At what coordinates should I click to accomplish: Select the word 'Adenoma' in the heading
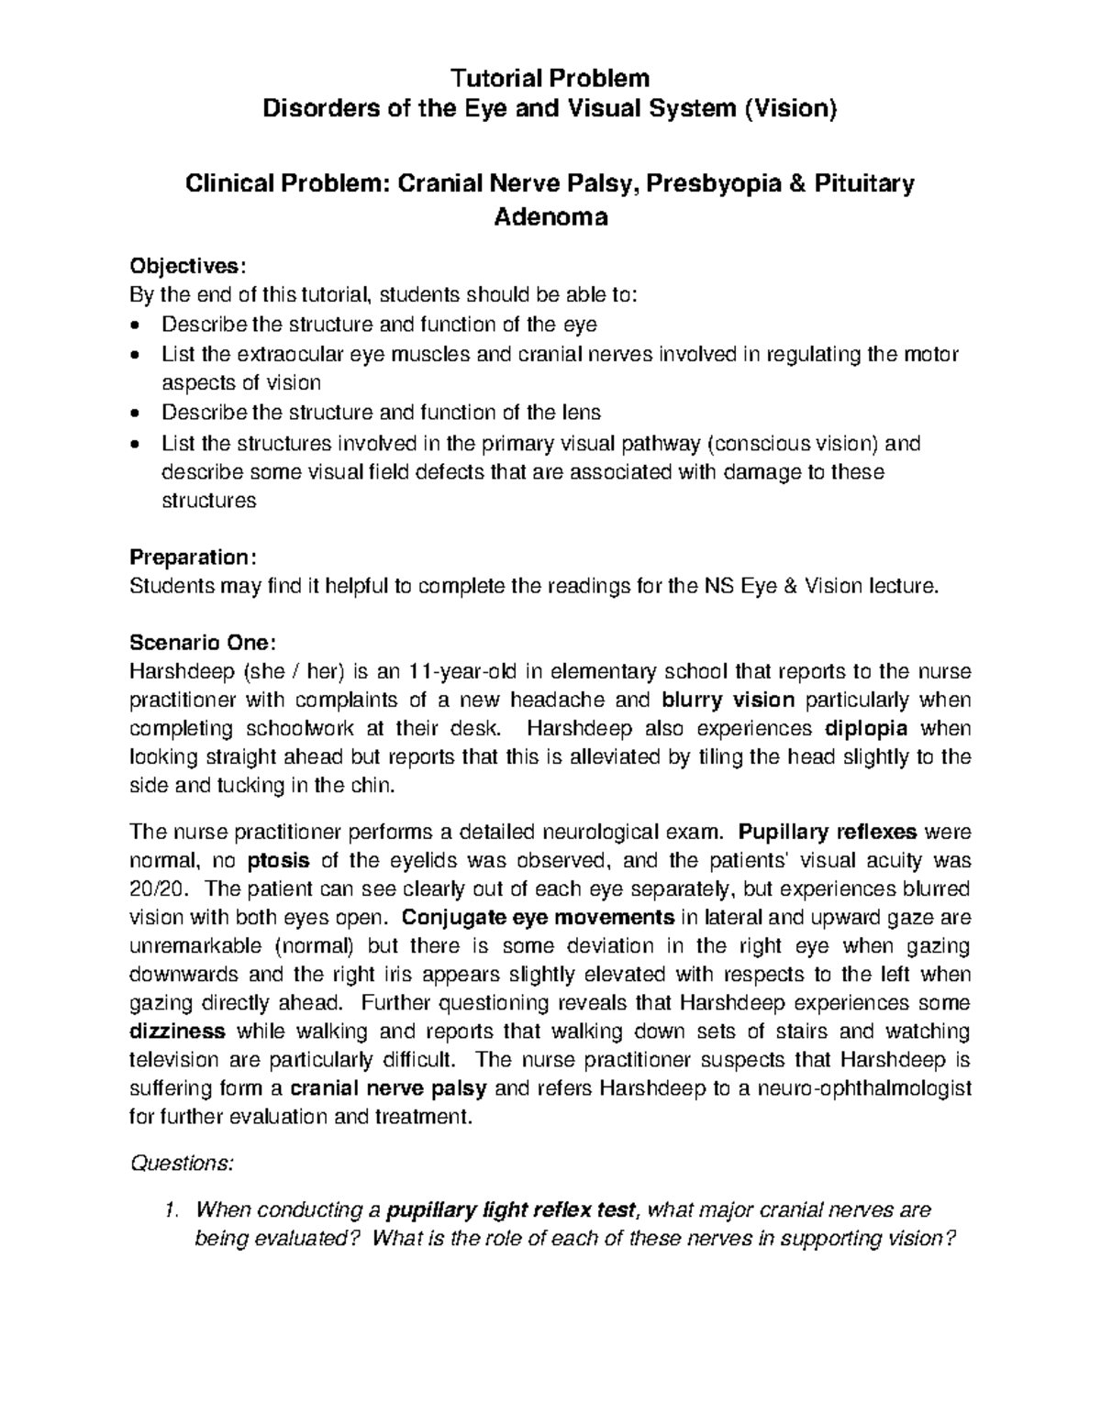550,217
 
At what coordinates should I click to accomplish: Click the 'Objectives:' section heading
188,266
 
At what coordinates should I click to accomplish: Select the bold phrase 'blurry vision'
728,701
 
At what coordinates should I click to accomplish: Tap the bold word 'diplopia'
866,729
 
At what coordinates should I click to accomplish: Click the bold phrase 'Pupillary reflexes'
828,833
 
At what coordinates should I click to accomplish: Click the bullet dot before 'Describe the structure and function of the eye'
137,326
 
